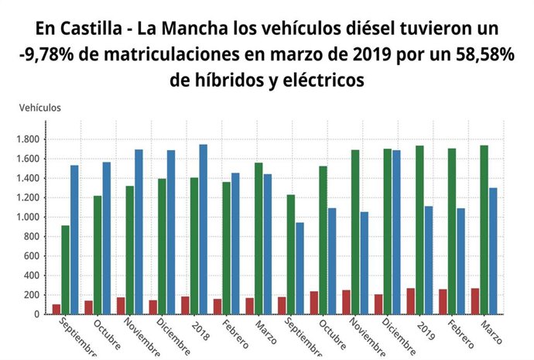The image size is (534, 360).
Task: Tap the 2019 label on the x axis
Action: click(x=424, y=327)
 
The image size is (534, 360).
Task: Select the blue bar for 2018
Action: click(x=203, y=229)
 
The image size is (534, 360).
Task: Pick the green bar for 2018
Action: click(x=193, y=245)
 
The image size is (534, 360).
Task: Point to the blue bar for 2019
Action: click(x=428, y=260)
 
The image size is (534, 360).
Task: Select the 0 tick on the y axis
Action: click(x=39, y=314)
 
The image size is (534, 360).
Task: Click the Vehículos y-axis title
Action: click(x=40, y=108)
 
